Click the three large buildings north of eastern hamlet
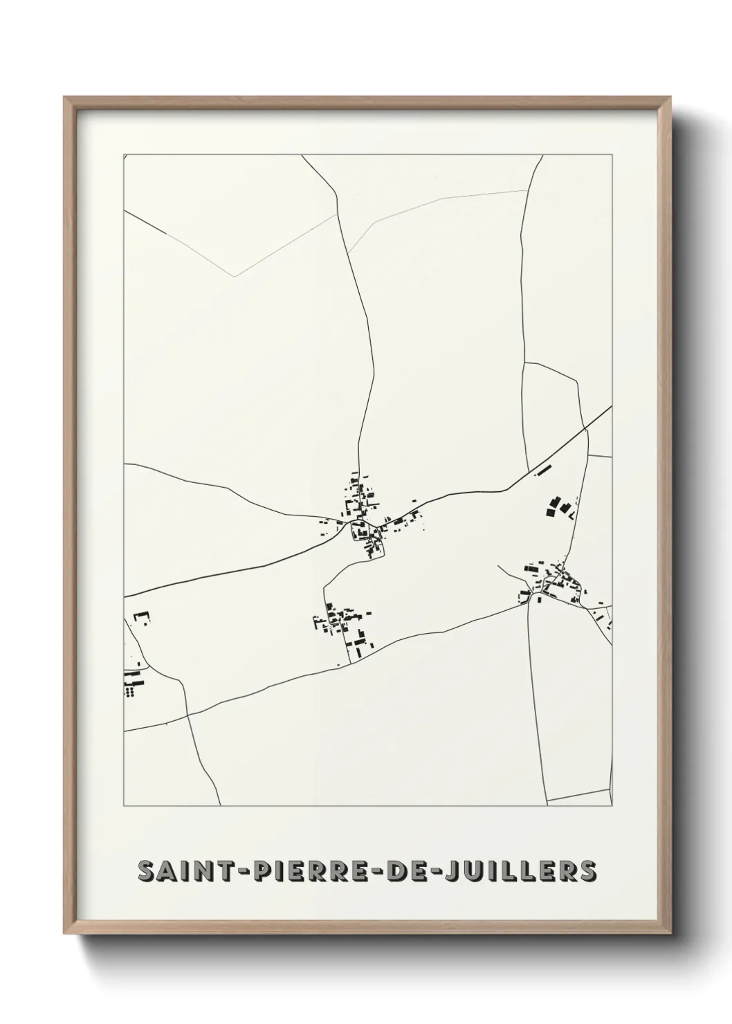click(560, 507)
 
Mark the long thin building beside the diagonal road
click(544, 469)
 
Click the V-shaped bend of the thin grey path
click(235, 276)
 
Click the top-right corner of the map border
click(612, 154)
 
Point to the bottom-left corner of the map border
click(124, 806)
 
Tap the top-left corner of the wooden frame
click(65, 98)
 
